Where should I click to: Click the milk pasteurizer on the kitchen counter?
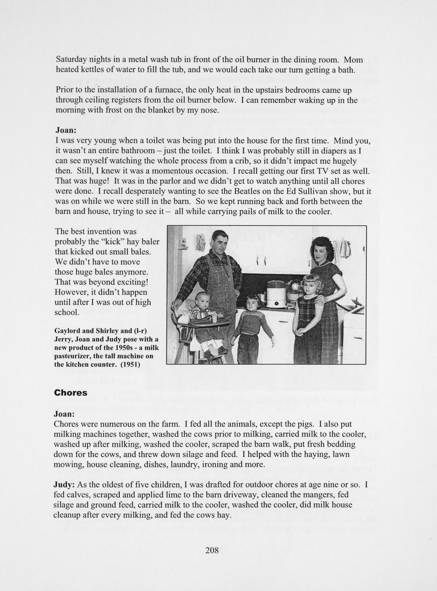tap(276, 294)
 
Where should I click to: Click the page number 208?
tap(212, 550)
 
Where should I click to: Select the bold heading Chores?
tap(71, 393)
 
